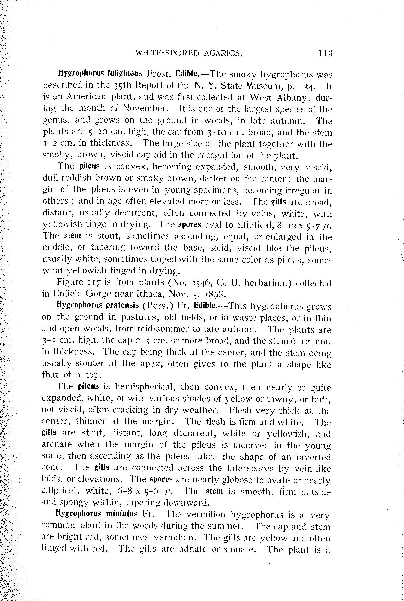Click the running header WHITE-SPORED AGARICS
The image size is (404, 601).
tap(189, 53)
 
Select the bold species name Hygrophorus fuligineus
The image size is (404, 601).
tap(100, 74)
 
